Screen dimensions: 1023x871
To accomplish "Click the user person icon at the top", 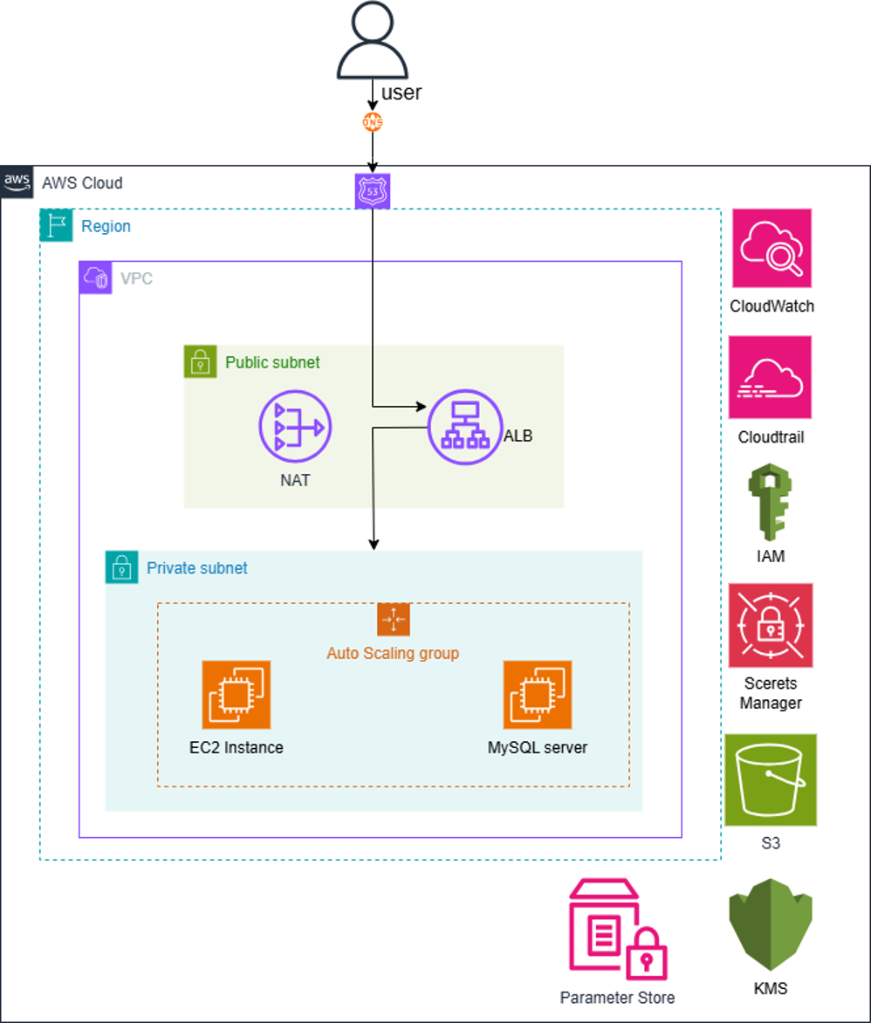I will pyautogui.click(x=373, y=42).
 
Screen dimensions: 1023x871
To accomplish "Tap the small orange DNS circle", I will pyautogui.click(x=373, y=123).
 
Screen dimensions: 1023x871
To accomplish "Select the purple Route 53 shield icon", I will pyautogui.click(x=373, y=191).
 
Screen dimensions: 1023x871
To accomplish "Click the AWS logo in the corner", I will pyautogui.click(x=17, y=182).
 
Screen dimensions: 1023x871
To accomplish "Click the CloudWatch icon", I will pyautogui.click(x=772, y=248).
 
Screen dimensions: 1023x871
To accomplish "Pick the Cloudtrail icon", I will pyautogui.click(x=772, y=376).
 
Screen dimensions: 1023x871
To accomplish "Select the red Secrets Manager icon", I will pyautogui.click(x=772, y=625).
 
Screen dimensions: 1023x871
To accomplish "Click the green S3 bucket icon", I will pyautogui.click(x=771, y=779).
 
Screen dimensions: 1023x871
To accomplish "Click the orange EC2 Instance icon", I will pyautogui.click(x=236, y=694).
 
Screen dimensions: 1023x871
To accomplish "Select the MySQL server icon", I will pyautogui.click(x=537, y=694).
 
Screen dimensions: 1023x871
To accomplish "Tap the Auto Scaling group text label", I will pyautogui.click(x=393, y=653).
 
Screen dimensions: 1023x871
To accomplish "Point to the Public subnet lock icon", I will pyautogui.click(x=200, y=361).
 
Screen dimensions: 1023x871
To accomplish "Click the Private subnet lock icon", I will pyautogui.click(x=122, y=567).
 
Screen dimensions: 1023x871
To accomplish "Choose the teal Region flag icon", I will pyautogui.click(x=57, y=225).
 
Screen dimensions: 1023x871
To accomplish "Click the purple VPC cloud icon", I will pyautogui.click(x=95, y=278).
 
